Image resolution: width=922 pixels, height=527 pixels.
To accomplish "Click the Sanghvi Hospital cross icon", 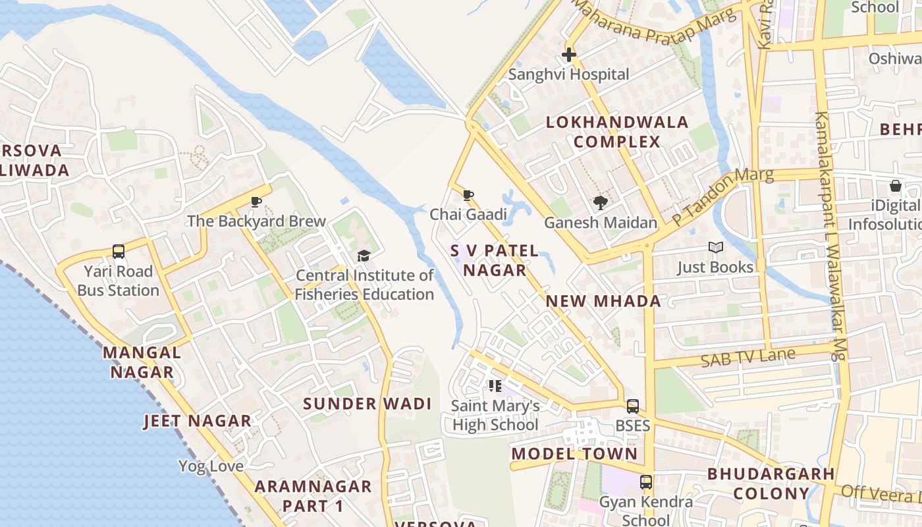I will coord(569,55).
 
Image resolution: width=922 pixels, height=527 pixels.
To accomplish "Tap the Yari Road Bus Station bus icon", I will coord(119,252).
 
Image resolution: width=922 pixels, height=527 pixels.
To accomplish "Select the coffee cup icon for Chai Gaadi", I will coord(468,195).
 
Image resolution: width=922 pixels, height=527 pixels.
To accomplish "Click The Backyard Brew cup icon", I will coord(256,202).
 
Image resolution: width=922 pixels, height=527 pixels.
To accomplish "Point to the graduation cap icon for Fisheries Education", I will coord(364,256).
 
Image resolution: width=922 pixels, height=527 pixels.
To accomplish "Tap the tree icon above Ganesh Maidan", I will coord(600,203).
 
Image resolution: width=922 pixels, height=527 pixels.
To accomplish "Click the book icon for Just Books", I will coord(715,248).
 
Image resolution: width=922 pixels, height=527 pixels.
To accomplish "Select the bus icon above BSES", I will coord(632,406).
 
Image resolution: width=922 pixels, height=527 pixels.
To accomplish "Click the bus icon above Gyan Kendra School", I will coord(646,482).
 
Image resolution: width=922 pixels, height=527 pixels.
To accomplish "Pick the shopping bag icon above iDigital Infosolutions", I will coord(896,186).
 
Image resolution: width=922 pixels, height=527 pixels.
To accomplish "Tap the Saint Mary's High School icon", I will coord(495,386).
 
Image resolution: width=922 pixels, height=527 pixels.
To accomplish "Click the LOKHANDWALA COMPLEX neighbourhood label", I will coord(617,132).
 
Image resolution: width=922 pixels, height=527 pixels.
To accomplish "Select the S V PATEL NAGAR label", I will coord(495,261).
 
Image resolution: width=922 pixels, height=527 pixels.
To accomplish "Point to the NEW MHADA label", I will coord(603,302).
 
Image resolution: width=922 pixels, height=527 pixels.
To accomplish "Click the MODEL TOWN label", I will coord(574,454).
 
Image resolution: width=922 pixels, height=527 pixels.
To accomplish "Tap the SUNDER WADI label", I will coord(367,404).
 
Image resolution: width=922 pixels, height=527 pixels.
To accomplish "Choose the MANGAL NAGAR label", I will coord(142,362).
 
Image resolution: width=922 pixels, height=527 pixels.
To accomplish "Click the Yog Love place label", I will coord(211,466).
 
